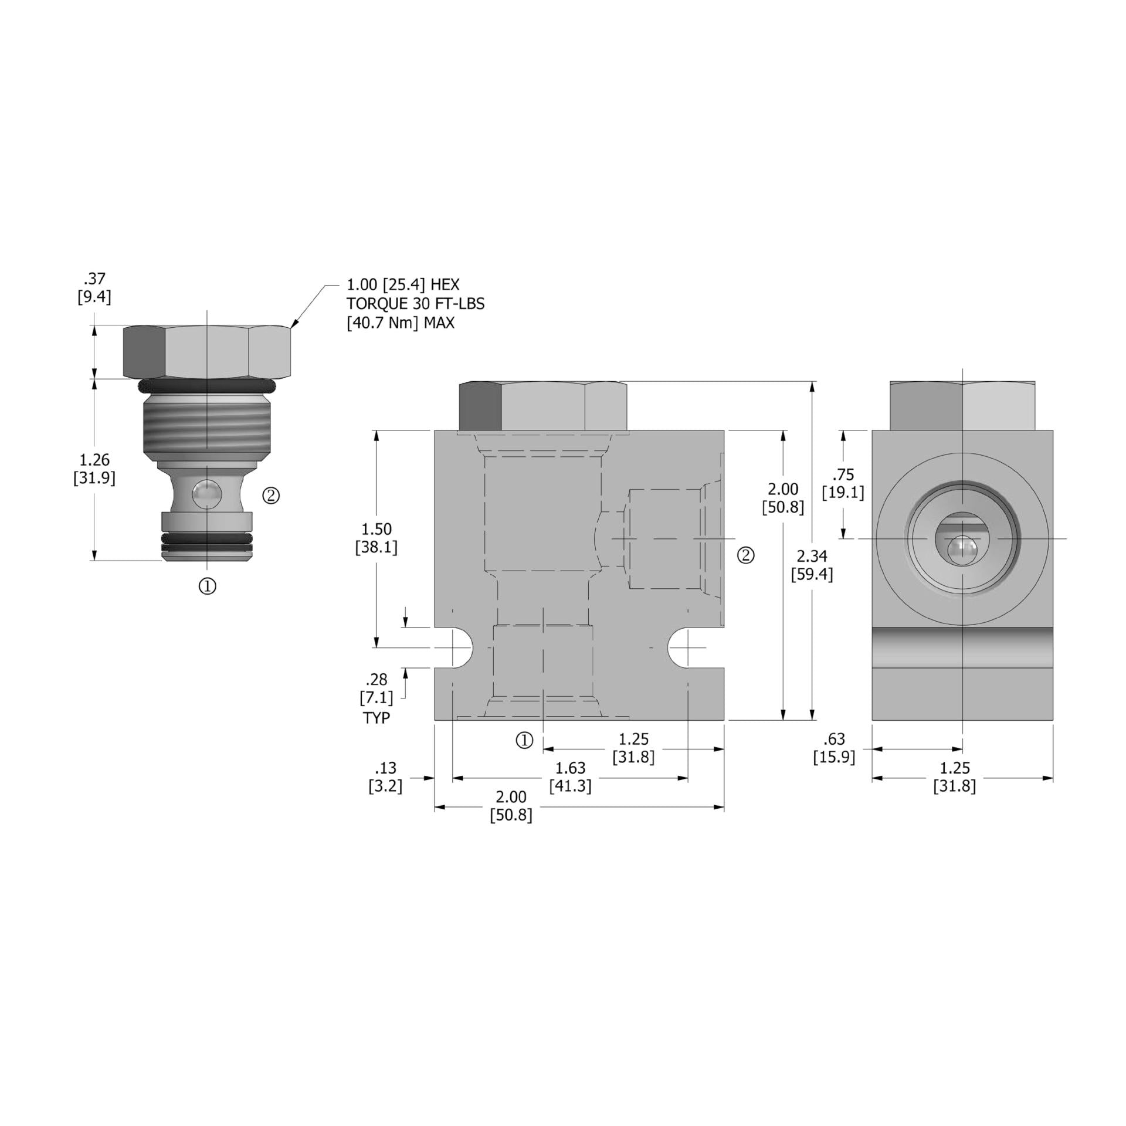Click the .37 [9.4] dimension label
pos(94,287)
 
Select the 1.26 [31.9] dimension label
pos(94,469)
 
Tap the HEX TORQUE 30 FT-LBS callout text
pos(415,304)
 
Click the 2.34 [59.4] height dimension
pos(811,565)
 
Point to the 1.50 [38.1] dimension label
pos(376,538)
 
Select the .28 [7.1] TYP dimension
pos(376,698)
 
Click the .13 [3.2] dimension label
pos(385,776)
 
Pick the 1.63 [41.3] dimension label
pos(570,776)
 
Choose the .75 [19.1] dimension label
pos(843,483)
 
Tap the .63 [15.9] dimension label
pos(833,747)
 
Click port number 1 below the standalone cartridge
pos(208,585)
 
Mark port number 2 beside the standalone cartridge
pos(270,496)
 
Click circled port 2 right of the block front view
pos(745,555)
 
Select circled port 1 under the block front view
pos(524,740)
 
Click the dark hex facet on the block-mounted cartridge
pos(480,405)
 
